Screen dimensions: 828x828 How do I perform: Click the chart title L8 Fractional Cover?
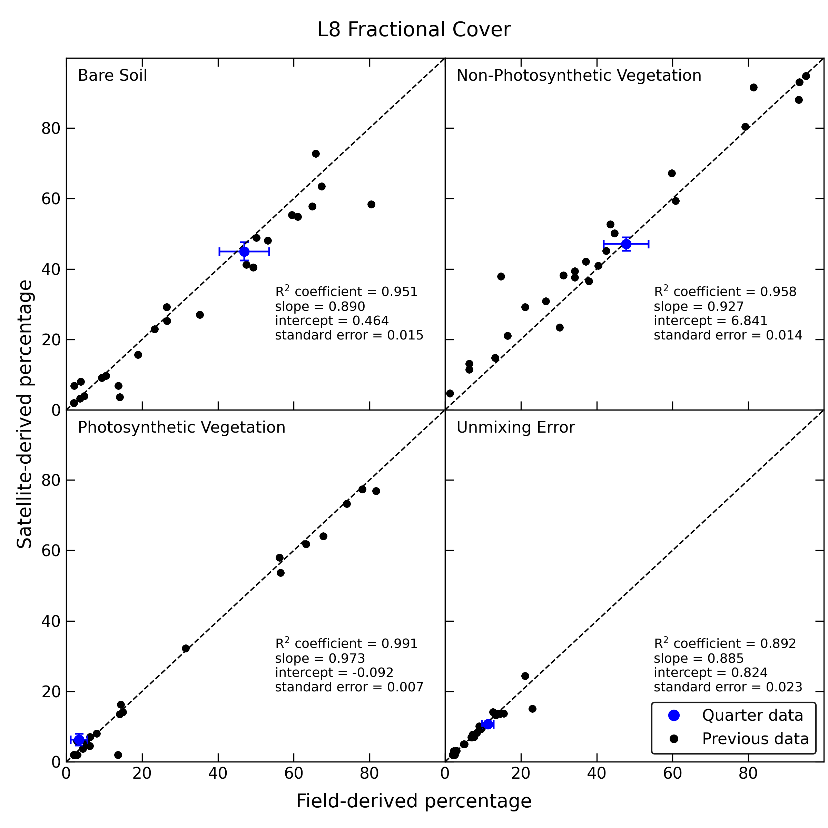(x=414, y=30)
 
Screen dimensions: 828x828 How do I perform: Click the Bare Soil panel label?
(x=112, y=76)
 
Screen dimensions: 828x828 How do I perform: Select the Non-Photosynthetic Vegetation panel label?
(x=579, y=76)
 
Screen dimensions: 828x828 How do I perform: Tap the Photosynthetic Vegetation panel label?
(x=181, y=427)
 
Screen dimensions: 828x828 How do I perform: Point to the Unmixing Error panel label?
(x=515, y=427)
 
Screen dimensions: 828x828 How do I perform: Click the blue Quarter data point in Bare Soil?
(x=244, y=252)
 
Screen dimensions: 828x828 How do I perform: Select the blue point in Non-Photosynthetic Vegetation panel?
(x=626, y=244)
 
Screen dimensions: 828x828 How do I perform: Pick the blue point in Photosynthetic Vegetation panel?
(x=79, y=740)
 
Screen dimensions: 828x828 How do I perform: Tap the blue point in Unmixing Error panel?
(x=488, y=724)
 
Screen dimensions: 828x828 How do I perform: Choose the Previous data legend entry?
(x=738, y=739)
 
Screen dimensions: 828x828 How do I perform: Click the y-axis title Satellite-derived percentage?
(x=24, y=414)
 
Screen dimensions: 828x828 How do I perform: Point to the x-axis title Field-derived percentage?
(x=414, y=801)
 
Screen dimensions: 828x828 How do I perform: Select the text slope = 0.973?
(x=320, y=658)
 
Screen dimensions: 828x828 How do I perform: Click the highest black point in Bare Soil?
(x=316, y=154)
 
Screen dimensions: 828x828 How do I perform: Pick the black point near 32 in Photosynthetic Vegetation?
(x=186, y=649)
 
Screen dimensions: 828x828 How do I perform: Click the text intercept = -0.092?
(x=334, y=673)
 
